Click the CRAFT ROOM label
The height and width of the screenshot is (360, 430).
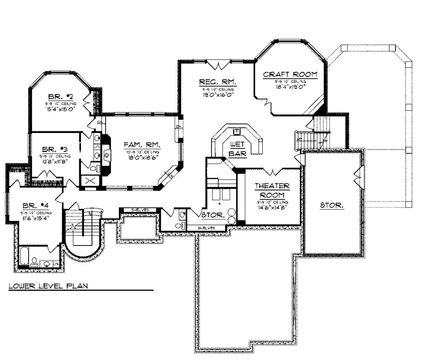290,75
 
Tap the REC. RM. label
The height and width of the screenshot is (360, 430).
218,81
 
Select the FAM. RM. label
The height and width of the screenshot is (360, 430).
142,145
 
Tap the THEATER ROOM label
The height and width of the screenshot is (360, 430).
272,190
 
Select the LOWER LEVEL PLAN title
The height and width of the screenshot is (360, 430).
48,286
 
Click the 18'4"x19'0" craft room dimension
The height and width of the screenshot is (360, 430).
289,87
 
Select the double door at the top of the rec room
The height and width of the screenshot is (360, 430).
219,65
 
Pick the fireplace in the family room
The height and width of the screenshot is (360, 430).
106,155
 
